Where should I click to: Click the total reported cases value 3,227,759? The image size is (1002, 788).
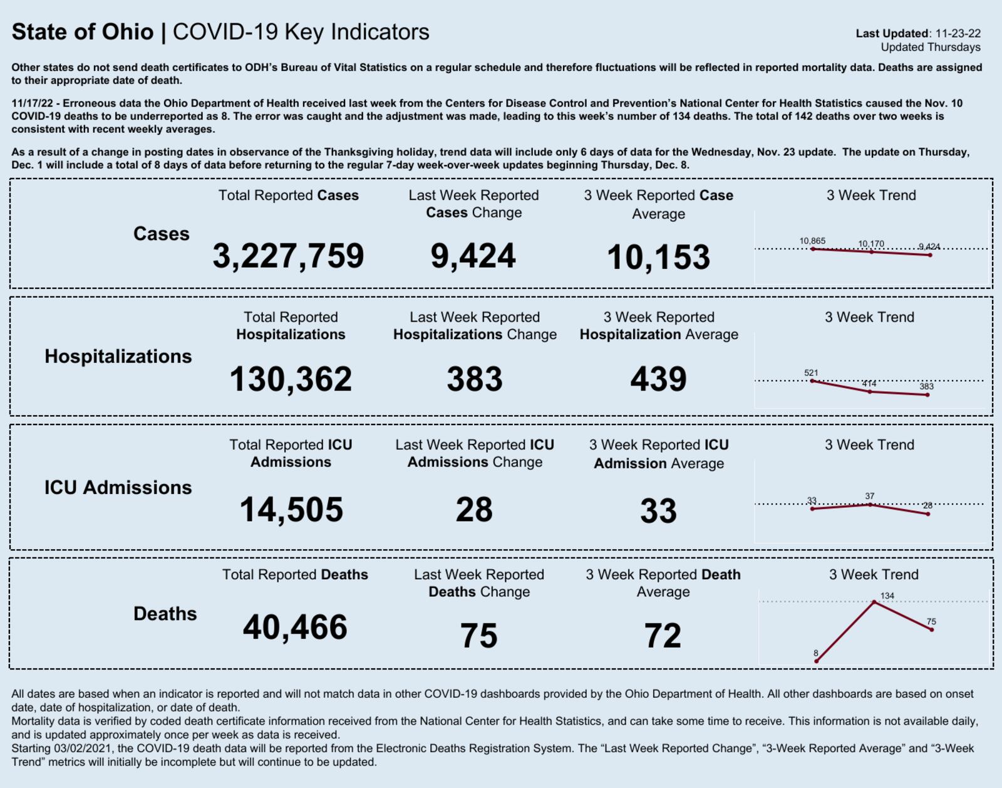click(288, 256)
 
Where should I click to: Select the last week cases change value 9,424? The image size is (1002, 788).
click(473, 256)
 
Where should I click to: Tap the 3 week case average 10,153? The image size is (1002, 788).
click(658, 257)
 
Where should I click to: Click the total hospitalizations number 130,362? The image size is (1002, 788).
click(291, 379)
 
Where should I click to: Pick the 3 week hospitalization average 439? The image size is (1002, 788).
click(658, 379)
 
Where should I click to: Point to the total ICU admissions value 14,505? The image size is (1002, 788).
click(291, 510)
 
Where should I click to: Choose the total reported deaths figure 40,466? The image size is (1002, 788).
click(295, 628)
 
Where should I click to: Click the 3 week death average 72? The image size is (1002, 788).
click(663, 636)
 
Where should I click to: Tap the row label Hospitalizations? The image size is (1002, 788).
click(118, 356)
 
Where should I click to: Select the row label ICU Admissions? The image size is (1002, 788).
click(118, 487)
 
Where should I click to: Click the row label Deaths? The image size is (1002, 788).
click(165, 613)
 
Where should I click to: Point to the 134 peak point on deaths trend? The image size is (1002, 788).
click(874, 602)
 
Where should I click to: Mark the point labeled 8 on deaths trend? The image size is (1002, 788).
click(817, 661)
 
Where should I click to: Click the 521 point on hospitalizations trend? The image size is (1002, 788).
click(812, 381)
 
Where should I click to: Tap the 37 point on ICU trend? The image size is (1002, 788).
click(870, 504)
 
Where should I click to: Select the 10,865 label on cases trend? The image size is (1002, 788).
click(812, 241)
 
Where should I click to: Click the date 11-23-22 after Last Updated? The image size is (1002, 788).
click(958, 33)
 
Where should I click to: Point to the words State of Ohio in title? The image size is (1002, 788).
click(83, 32)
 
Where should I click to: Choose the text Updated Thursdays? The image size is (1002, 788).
click(931, 47)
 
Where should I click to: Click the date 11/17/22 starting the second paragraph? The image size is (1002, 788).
click(32, 103)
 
